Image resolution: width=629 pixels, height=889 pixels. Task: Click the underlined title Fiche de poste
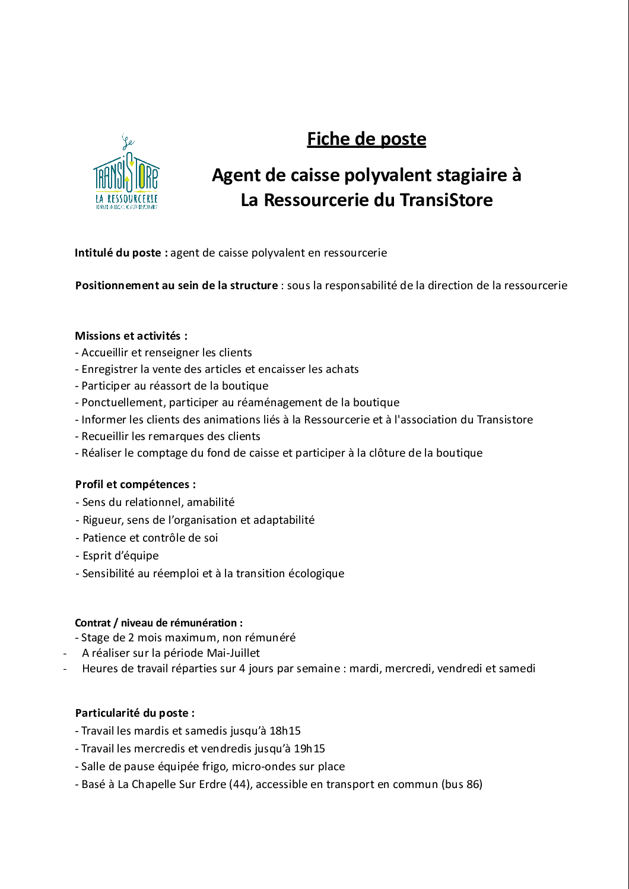(366, 139)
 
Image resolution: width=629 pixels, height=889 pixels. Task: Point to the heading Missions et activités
(131, 336)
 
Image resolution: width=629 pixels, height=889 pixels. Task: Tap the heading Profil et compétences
(135, 485)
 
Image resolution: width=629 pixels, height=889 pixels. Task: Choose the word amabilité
(211, 502)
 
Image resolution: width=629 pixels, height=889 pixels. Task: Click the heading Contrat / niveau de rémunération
(158, 623)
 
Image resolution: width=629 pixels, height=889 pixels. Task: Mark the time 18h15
(285, 731)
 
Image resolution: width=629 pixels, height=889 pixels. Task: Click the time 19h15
(309, 749)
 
